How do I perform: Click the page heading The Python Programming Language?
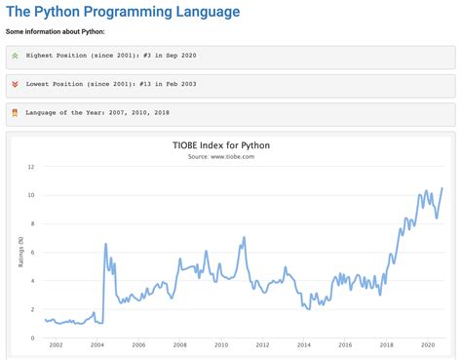122,12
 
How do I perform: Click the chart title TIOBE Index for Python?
230,145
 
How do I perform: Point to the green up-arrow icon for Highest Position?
15,57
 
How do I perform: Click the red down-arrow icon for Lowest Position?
15,85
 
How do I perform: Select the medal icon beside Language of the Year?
15,113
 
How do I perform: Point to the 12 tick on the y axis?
31,167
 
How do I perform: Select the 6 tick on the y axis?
33,253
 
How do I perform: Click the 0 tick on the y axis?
33,339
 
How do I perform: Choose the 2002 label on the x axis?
57,346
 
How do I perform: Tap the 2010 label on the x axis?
221,346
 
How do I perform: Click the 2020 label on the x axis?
427,346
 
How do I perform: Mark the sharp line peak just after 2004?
105,244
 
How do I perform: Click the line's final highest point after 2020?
443,188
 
